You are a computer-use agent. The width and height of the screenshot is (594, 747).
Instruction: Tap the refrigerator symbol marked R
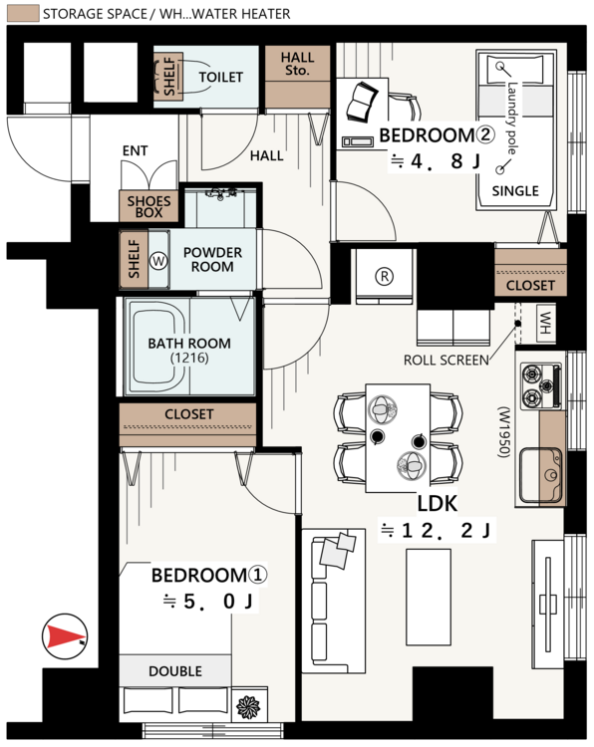385,276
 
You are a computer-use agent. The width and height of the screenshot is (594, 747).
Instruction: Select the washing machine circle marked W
158,261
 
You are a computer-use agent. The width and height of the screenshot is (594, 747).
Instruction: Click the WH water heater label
545,323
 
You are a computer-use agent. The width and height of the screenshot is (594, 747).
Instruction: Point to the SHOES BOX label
148,207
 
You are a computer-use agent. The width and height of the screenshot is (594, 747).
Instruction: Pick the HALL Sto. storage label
297,64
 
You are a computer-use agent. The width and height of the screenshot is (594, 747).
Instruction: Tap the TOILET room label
220,77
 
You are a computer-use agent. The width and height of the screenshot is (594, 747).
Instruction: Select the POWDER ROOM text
212,259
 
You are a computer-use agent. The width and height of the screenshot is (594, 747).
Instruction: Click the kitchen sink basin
540,474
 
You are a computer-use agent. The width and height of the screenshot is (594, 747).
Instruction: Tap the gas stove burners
540,385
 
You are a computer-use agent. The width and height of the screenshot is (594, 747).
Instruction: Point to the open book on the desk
362,102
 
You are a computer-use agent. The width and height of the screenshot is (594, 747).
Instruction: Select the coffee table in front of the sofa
429,597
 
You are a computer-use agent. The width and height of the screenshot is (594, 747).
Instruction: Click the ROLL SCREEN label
446,361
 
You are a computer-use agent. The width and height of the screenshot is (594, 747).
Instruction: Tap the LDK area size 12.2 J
436,530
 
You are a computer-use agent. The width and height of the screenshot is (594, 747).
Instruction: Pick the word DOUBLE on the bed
175,671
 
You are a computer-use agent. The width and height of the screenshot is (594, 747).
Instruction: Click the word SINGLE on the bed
515,191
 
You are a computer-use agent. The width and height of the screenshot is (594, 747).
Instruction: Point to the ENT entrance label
135,151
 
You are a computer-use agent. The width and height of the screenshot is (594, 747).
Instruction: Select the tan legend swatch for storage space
23,13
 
